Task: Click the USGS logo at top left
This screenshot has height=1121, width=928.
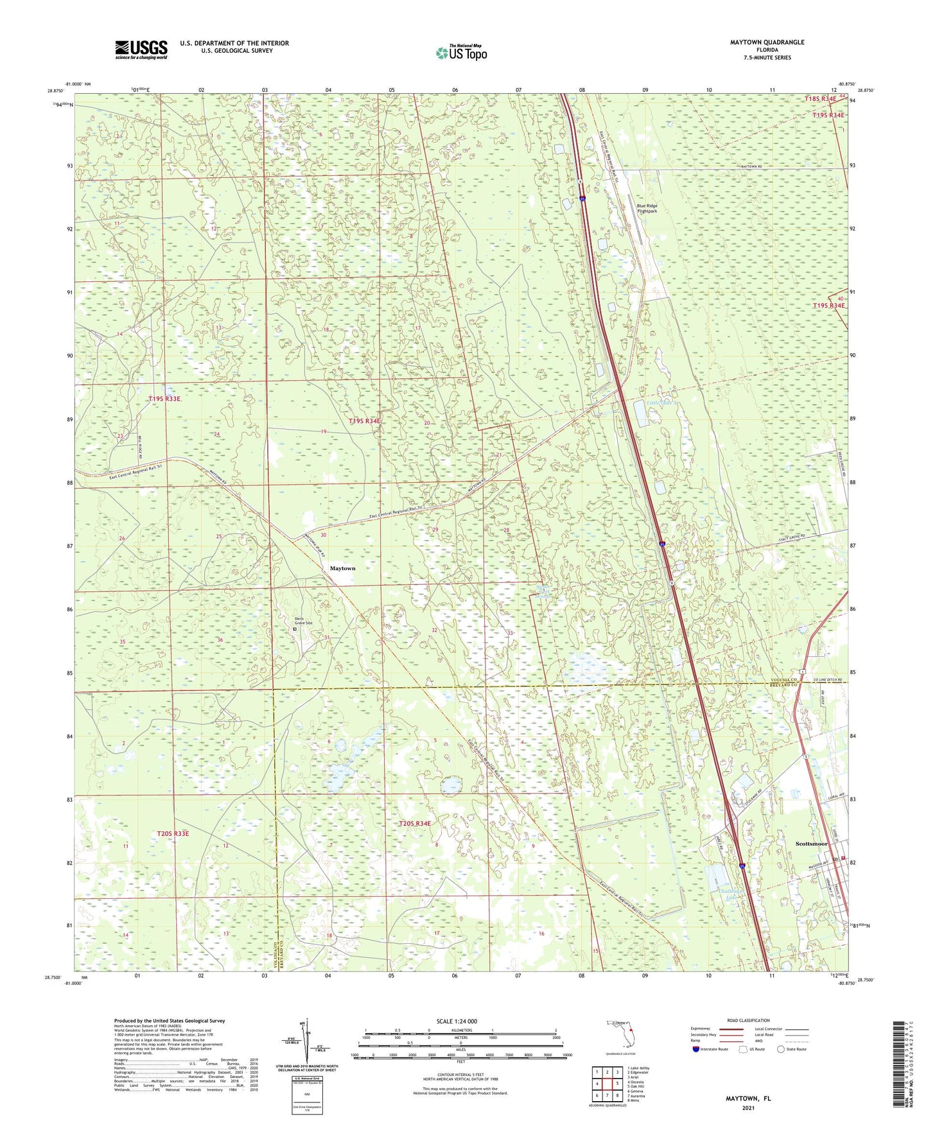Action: (x=141, y=49)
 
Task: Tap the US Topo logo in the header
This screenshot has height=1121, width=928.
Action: (x=461, y=52)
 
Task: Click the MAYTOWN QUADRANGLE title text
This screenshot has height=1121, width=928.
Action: (x=767, y=42)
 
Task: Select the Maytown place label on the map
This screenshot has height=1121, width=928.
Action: (x=342, y=568)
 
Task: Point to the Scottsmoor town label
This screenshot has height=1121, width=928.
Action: (x=811, y=843)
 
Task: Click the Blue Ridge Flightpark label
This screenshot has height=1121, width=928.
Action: (x=647, y=208)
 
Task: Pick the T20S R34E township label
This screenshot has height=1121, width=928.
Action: (x=415, y=823)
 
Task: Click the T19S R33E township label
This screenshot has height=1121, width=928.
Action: (x=164, y=399)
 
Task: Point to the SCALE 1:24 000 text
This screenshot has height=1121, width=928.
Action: (x=457, y=1021)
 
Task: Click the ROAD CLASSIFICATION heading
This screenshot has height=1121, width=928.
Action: (x=748, y=1020)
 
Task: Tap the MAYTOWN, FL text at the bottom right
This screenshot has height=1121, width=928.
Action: (x=748, y=1099)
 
